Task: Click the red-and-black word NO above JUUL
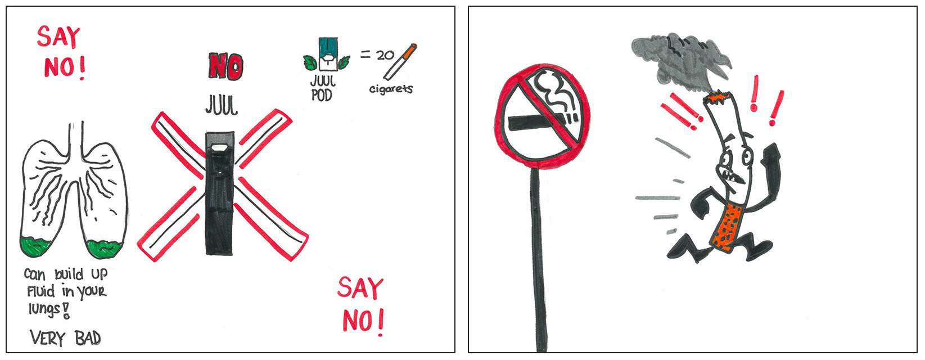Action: tap(225, 66)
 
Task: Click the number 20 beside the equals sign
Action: tap(385, 55)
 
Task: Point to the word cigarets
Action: tap(391, 88)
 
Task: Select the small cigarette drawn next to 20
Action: tap(400, 61)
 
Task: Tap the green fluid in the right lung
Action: tap(105, 249)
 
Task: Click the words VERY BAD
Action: tap(65, 338)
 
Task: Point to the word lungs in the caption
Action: tap(44, 309)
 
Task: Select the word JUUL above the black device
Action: tap(222, 105)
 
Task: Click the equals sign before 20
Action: tap(365, 55)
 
